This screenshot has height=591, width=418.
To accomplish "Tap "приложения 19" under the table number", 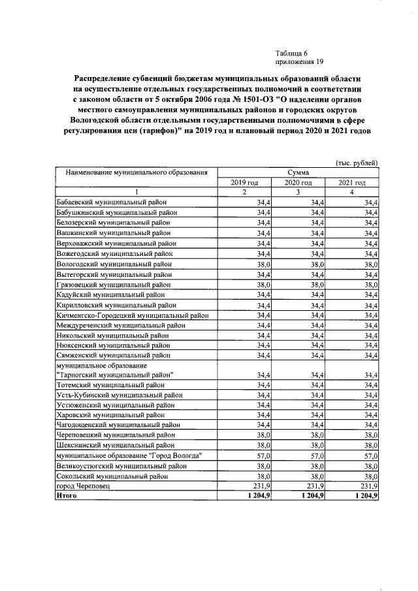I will [x=300, y=62].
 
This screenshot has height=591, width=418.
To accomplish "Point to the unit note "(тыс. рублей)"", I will [x=356, y=162].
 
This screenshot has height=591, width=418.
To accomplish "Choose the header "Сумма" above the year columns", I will [x=298, y=172].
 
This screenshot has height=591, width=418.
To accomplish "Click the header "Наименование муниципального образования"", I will [x=137, y=172].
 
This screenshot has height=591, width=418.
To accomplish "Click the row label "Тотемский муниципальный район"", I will [x=105, y=386].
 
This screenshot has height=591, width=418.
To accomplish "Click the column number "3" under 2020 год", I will [x=298, y=192].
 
